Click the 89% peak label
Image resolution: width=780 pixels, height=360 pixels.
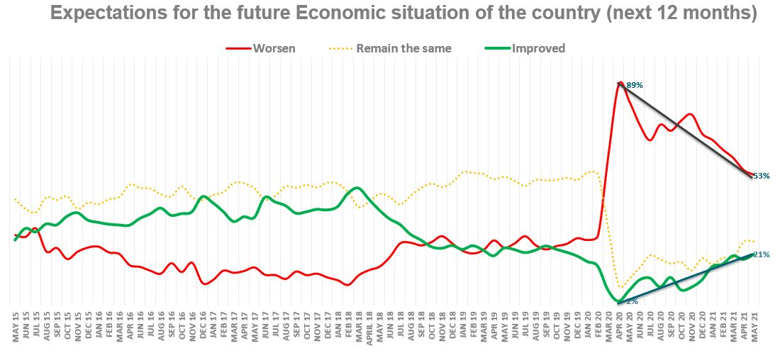635,85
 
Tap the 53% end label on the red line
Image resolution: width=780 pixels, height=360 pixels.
760,176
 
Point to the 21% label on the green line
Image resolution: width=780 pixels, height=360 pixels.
760,254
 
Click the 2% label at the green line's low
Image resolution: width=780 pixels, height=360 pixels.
631,301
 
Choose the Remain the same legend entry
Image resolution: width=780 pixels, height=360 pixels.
403,48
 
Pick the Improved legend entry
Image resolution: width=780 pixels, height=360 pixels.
537,48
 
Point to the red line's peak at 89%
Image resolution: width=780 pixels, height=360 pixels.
620,83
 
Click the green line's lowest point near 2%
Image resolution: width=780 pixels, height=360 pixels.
619,303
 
